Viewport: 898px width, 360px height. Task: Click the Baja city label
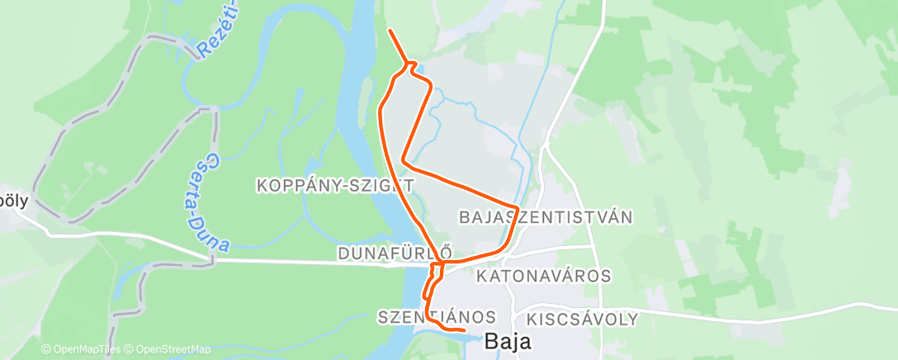[x=508, y=340]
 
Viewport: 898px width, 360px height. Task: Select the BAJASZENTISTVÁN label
[x=545, y=217]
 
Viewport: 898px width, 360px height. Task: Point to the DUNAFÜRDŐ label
[x=395, y=253]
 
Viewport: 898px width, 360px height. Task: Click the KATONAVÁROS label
[x=543, y=276]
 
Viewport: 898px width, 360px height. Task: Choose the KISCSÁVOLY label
[x=582, y=319]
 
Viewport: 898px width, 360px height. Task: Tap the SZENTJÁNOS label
[x=437, y=317]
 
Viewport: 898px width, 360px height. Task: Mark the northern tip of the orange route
[x=389, y=31]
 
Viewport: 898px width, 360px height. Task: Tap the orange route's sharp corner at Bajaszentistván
[x=517, y=206]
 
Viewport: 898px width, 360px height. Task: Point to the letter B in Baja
[x=491, y=340]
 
